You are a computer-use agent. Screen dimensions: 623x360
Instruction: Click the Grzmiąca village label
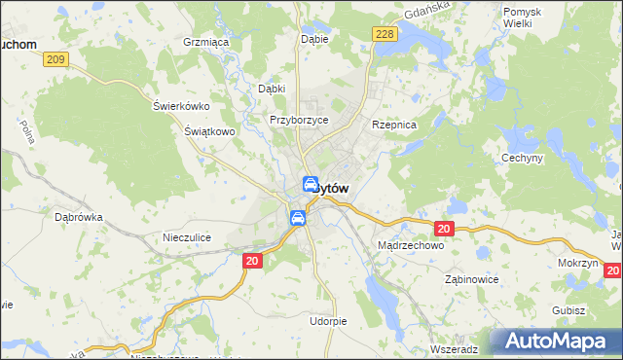tap(205, 43)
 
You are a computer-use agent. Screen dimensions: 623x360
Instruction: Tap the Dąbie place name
tap(314, 40)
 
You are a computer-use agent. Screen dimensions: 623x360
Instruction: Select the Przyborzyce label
tap(299, 120)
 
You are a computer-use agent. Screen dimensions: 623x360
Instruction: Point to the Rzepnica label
tap(394, 126)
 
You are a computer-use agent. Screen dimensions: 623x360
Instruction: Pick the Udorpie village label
tap(328, 320)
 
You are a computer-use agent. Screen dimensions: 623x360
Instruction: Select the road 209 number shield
tap(55, 59)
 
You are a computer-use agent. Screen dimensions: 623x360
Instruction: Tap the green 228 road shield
tap(385, 34)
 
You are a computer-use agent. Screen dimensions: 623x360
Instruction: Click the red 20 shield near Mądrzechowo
tap(444, 229)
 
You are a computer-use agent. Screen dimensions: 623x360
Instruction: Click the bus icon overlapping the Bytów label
tap(311, 185)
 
